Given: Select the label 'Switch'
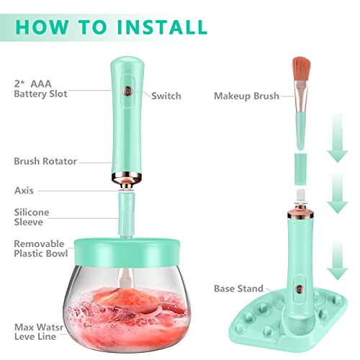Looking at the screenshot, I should pyautogui.click(x=166, y=95).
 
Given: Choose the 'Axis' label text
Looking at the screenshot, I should pyautogui.click(x=24, y=191).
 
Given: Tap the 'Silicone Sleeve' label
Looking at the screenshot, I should pyautogui.click(x=32, y=218).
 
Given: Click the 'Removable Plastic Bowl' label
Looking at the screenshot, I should pyautogui.click(x=40, y=248).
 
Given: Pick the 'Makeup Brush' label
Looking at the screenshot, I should pyautogui.click(x=246, y=95).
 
